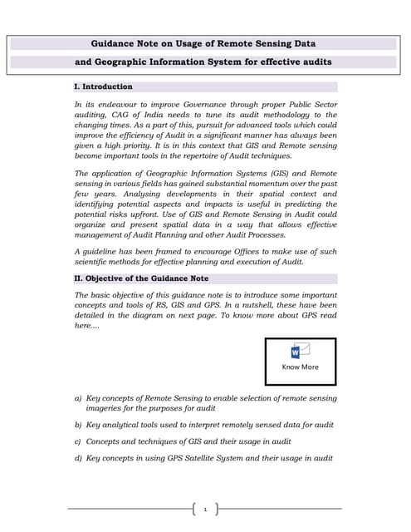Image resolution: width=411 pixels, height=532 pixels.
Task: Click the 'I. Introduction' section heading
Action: coord(103,86)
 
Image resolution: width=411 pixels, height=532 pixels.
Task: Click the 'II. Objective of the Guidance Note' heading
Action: coord(141,278)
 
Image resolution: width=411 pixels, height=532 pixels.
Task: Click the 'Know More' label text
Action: coord(300,367)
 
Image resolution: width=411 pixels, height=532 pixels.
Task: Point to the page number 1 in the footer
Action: coord(204,509)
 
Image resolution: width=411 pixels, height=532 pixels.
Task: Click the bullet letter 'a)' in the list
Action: coord(78,399)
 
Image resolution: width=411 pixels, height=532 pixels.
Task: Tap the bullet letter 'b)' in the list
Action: coord(78,425)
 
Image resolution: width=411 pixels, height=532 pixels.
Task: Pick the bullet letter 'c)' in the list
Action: coord(78,441)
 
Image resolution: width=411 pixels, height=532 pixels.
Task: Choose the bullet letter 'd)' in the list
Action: coord(78,458)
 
